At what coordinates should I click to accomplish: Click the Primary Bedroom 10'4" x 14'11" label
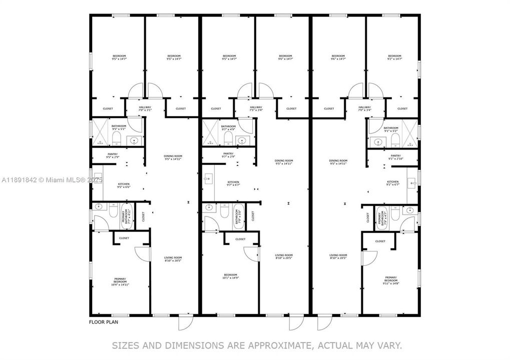(x=120, y=281)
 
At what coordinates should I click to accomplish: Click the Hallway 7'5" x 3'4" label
(x=256, y=108)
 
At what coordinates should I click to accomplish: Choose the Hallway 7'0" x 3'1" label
(x=145, y=108)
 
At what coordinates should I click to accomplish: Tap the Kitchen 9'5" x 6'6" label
(x=124, y=185)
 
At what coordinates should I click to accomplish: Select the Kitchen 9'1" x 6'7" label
(x=393, y=183)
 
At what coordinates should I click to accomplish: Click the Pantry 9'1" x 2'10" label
(x=395, y=157)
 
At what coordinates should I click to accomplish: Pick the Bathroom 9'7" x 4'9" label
(x=228, y=128)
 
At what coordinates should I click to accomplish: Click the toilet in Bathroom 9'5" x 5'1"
(x=116, y=137)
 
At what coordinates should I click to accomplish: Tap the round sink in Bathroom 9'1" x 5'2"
(x=378, y=141)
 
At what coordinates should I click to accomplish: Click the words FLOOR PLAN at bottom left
(x=104, y=322)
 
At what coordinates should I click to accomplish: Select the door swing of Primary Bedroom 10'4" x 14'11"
(x=144, y=254)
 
